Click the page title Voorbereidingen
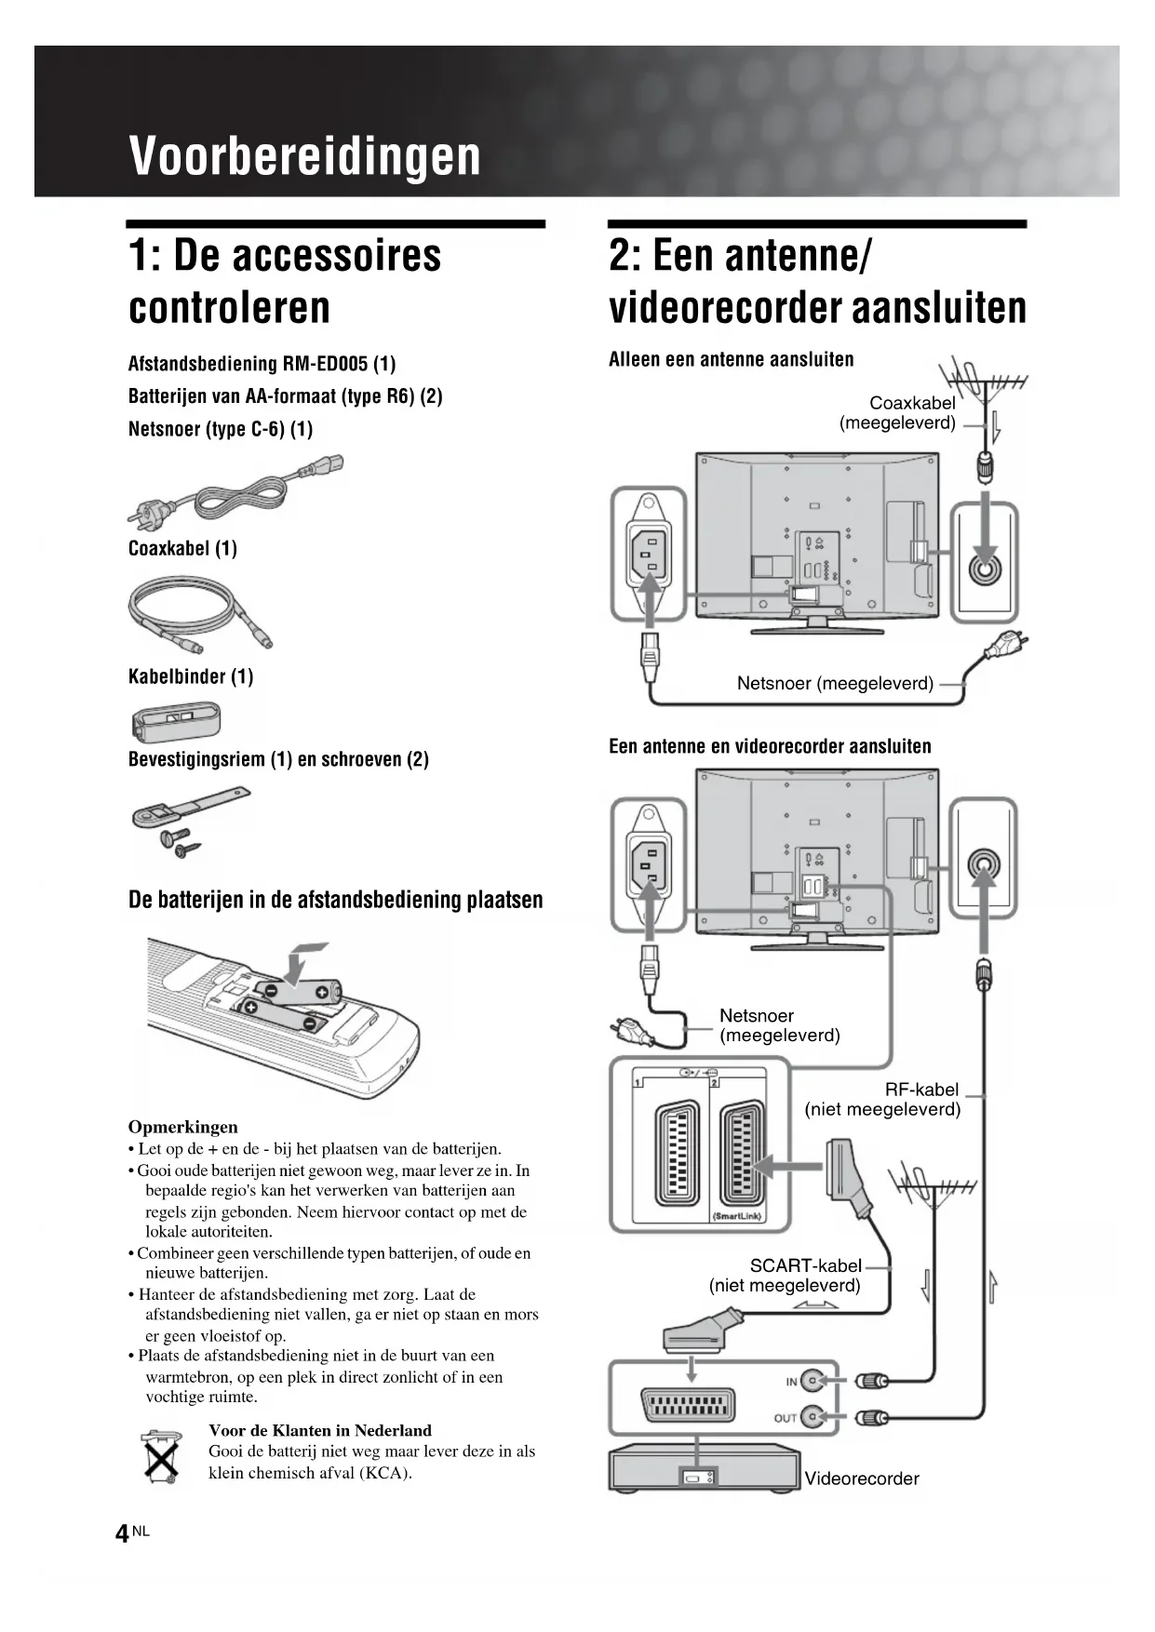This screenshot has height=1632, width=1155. pyautogui.click(x=305, y=155)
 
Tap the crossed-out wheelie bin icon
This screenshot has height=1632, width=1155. pyautogui.click(x=160, y=1456)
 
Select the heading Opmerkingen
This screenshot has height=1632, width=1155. pyautogui.click(x=182, y=1127)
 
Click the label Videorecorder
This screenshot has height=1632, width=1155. pyautogui.click(x=861, y=1478)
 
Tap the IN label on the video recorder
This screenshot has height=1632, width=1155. pyautogui.click(x=791, y=1382)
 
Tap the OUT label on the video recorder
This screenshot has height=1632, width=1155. pyautogui.click(x=785, y=1418)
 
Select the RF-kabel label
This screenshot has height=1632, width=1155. pyautogui.click(x=921, y=1090)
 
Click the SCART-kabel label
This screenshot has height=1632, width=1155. pyautogui.click(x=806, y=1265)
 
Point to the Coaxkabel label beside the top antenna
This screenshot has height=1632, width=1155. pyautogui.click(x=911, y=403)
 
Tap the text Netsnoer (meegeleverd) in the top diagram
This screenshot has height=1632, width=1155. pyautogui.click(x=835, y=683)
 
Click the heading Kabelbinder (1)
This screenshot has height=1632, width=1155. pyautogui.click(x=191, y=676)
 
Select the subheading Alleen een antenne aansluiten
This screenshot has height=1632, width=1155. pyautogui.click(x=731, y=359)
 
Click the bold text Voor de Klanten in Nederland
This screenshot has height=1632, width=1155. pyautogui.click(x=320, y=1430)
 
